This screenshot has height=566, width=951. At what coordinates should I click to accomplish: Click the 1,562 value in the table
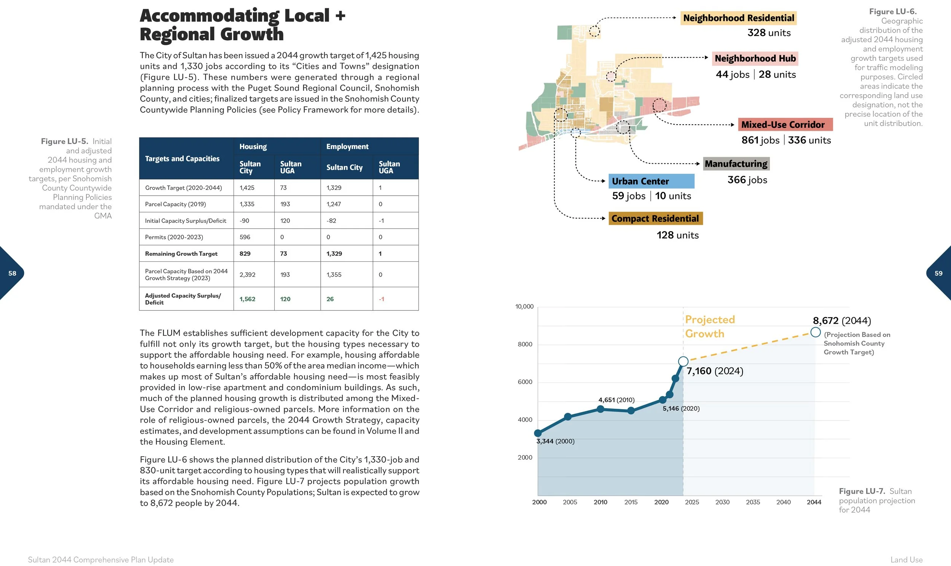coord(247,299)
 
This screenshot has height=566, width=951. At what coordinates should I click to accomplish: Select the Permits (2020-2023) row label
coord(174,237)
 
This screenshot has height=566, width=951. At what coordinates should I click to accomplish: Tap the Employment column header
coord(347,147)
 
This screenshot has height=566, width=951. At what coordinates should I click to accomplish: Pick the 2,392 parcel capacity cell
coord(247,275)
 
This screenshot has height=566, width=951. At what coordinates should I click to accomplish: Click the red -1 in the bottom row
coord(381,299)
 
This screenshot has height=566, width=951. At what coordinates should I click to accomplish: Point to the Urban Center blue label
coord(651,181)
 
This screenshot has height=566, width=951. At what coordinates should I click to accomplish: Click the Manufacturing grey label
coord(736,164)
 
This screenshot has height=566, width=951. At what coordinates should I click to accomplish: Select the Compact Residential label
coord(655,218)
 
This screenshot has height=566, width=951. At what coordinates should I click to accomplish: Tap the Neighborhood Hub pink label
coord(755,58)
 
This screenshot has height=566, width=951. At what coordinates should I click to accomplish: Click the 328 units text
coord(769,33)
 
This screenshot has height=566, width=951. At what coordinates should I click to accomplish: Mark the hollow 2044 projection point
coord(816,332)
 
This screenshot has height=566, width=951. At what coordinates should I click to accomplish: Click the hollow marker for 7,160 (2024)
coord(683,361)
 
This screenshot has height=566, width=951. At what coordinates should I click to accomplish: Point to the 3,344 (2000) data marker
coord(538,433)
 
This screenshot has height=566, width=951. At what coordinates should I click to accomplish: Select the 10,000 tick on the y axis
coord(524,307)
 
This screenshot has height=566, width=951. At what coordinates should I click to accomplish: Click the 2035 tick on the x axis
coord(753,502)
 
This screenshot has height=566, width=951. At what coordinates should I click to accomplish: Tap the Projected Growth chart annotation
coord(709,326)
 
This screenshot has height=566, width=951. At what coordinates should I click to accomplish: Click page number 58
coord(12,273)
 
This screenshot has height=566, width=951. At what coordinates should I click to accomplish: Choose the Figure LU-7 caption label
coord(862,491)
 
